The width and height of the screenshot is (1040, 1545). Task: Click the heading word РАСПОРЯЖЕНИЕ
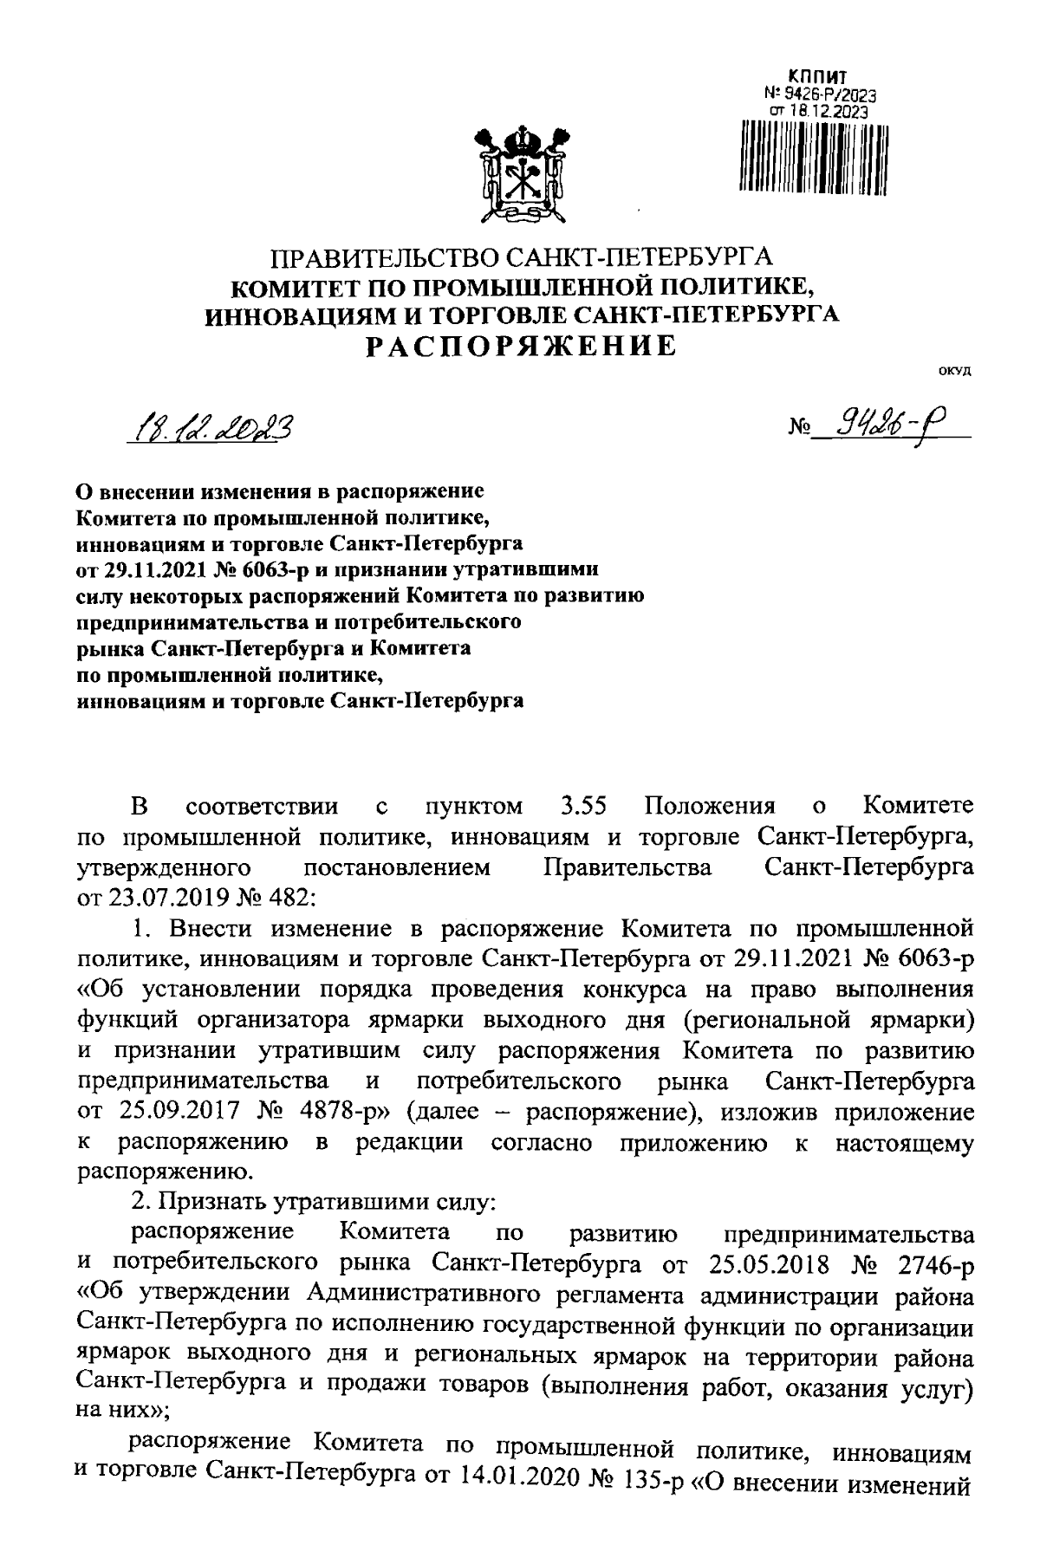521,347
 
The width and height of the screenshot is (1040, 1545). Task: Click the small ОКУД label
953,372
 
